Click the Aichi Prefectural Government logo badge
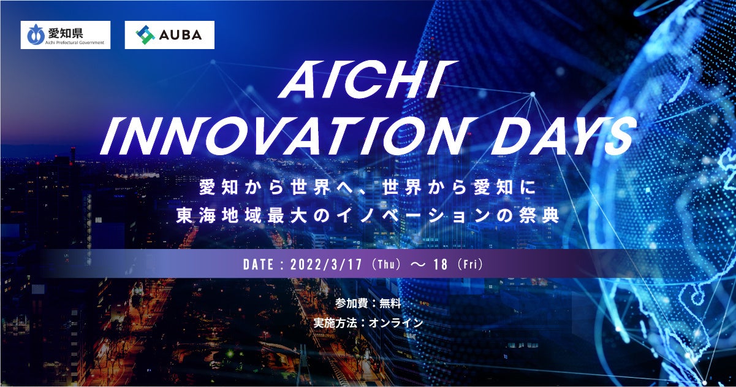coord(65,35)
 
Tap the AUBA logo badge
coord(170,35)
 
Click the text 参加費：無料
coord(368,302)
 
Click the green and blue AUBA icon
coord(145,35)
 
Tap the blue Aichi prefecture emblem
coord(34,36)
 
